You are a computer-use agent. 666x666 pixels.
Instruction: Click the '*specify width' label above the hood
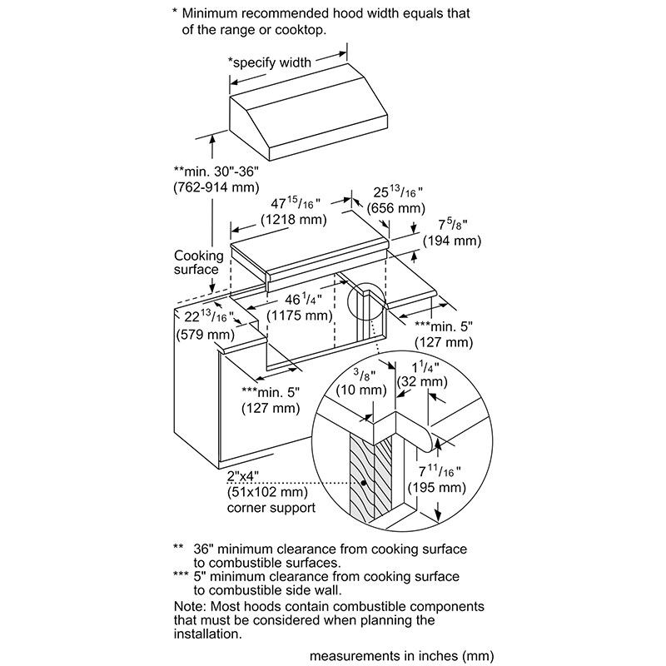pos(270,62)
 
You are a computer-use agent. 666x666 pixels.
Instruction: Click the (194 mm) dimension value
pos(452,241)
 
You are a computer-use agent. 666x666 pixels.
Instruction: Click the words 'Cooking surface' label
pos(196,262)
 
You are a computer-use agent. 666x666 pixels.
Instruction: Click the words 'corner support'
pos(271,506)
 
